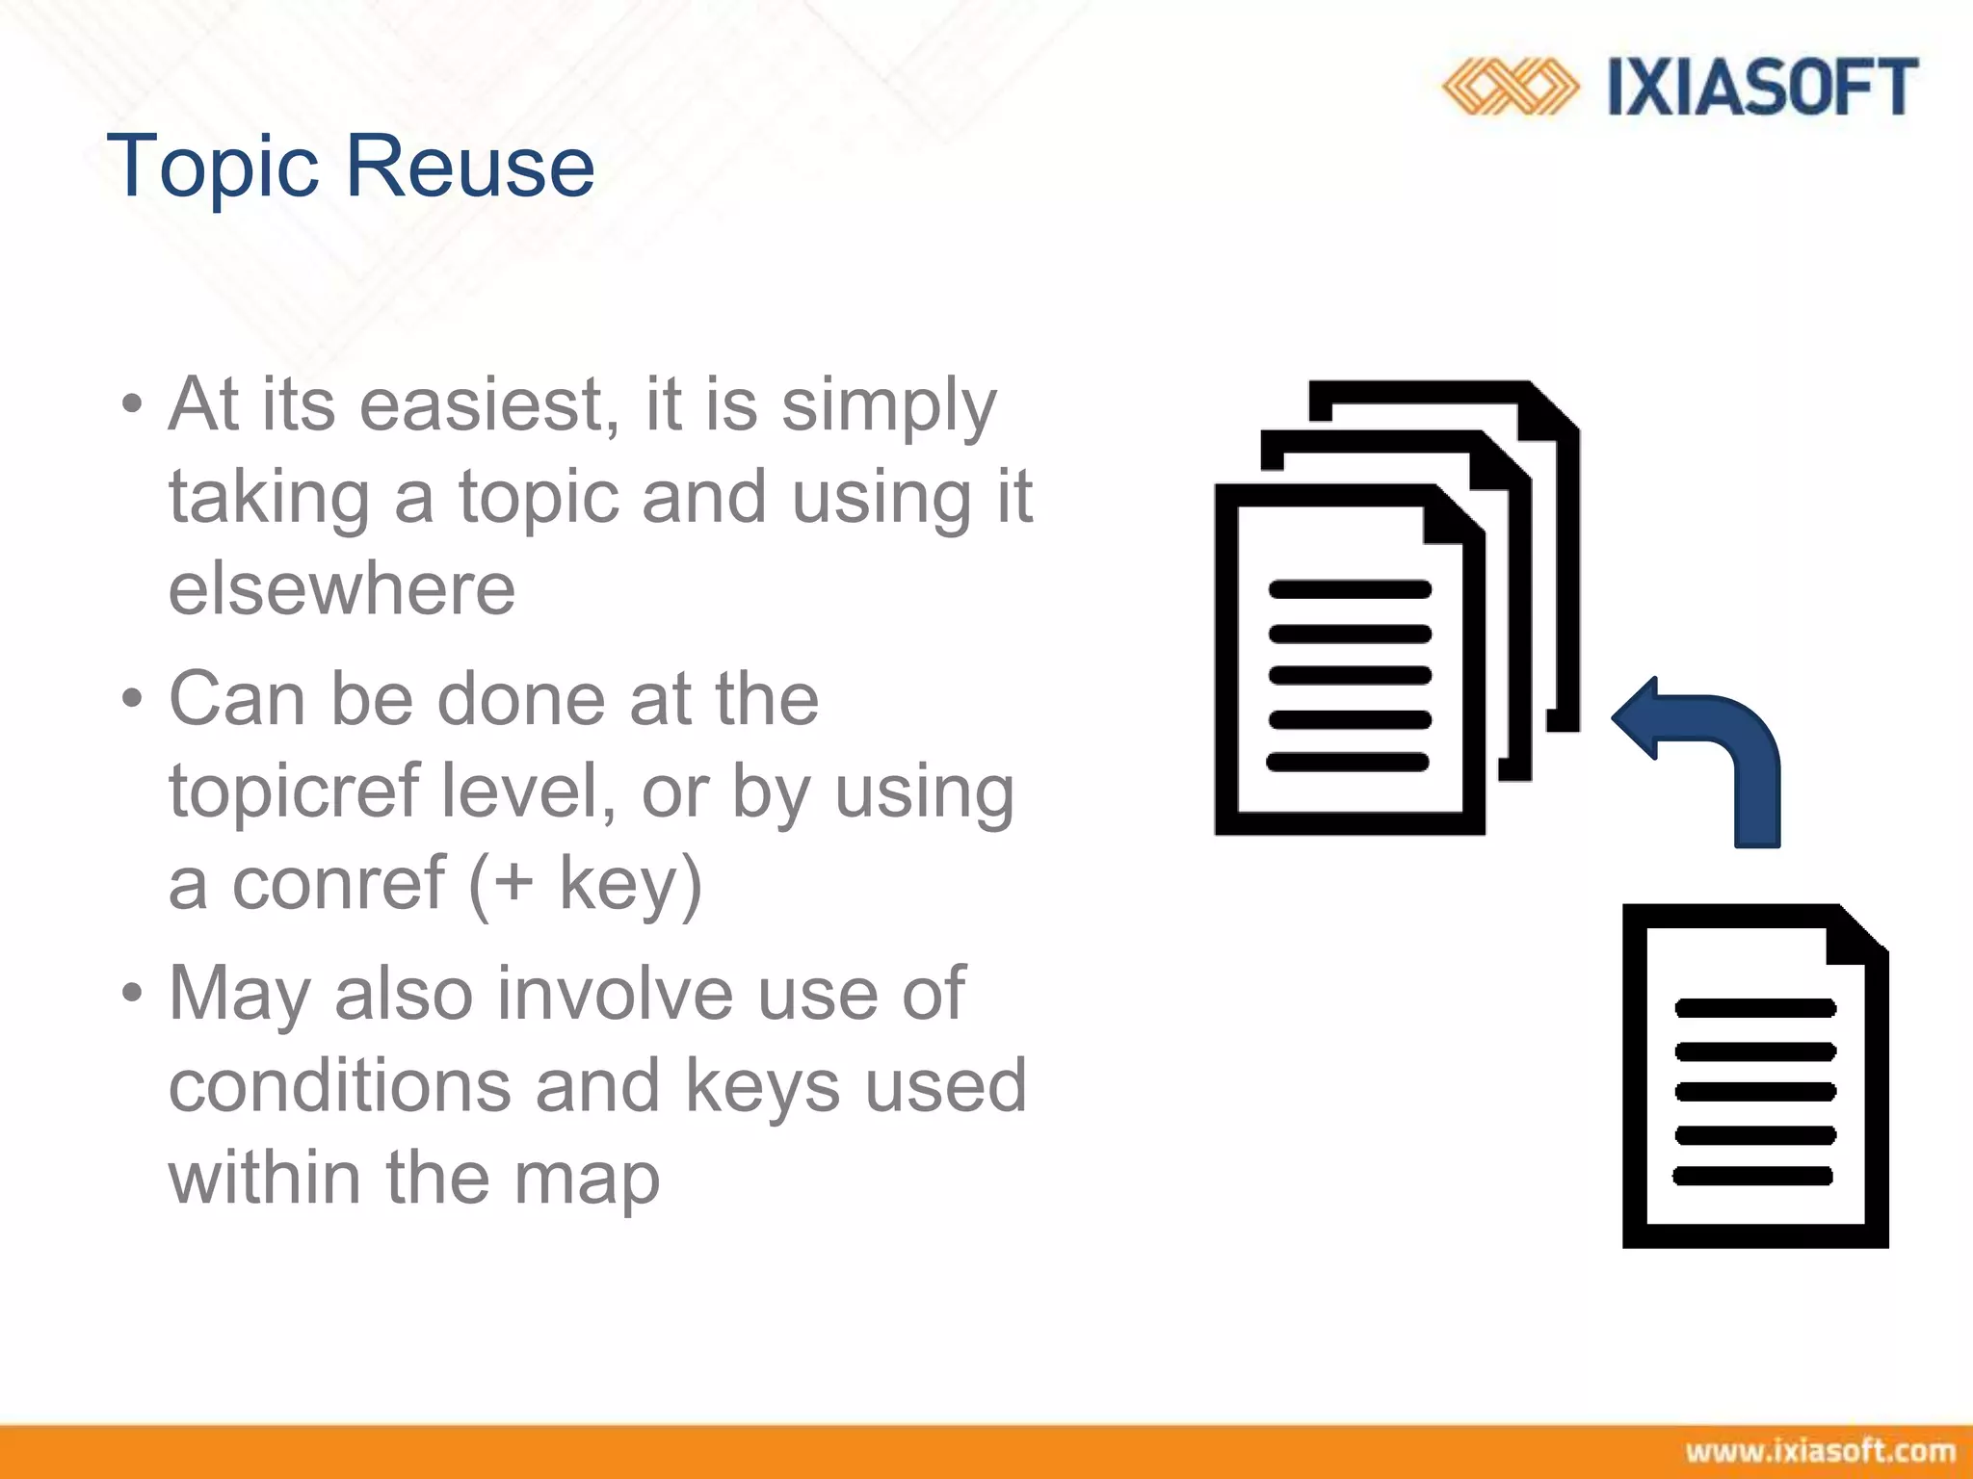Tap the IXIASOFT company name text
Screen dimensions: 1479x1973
[x=1762, y=88]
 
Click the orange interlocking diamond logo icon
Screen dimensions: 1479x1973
[x=1509, y=87]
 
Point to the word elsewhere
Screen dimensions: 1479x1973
[x=342, y=588]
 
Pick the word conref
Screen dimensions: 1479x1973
[x=337, y=883]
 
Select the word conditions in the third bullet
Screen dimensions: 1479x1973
[x=339, y=1085]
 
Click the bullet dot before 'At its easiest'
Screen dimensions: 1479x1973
[x=132, y=404]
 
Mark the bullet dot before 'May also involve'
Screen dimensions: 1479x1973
[x=132, y=993]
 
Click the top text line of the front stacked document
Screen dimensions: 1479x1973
[x=1350, y=589]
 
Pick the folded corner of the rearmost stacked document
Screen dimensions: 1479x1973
[x=1552, y=410]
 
